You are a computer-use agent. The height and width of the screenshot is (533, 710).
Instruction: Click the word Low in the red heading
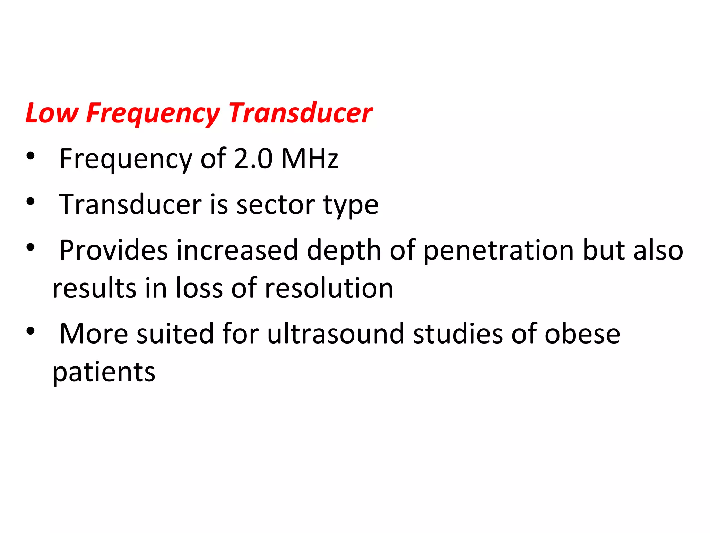[52, 113]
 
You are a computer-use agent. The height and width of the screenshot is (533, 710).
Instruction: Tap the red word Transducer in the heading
[300, 113]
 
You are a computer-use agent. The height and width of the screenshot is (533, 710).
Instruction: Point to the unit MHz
[310, 159]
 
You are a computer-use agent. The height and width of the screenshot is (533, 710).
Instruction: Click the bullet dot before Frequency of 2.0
[31, 156]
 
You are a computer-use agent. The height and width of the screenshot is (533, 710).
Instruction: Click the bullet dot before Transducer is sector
[31, 202]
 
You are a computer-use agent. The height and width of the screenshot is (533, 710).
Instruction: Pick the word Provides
[113, 250]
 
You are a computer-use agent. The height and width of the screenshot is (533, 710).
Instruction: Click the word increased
[237, 250]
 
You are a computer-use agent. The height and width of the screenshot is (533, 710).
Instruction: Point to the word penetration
[499, 251]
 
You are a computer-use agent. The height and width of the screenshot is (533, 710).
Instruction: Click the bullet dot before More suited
[31, 331]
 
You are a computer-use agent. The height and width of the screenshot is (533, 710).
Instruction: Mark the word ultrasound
[336, 334]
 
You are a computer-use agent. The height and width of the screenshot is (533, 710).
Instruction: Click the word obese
[582, 334]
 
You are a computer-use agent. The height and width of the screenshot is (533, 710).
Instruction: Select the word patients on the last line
[104, 373]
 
